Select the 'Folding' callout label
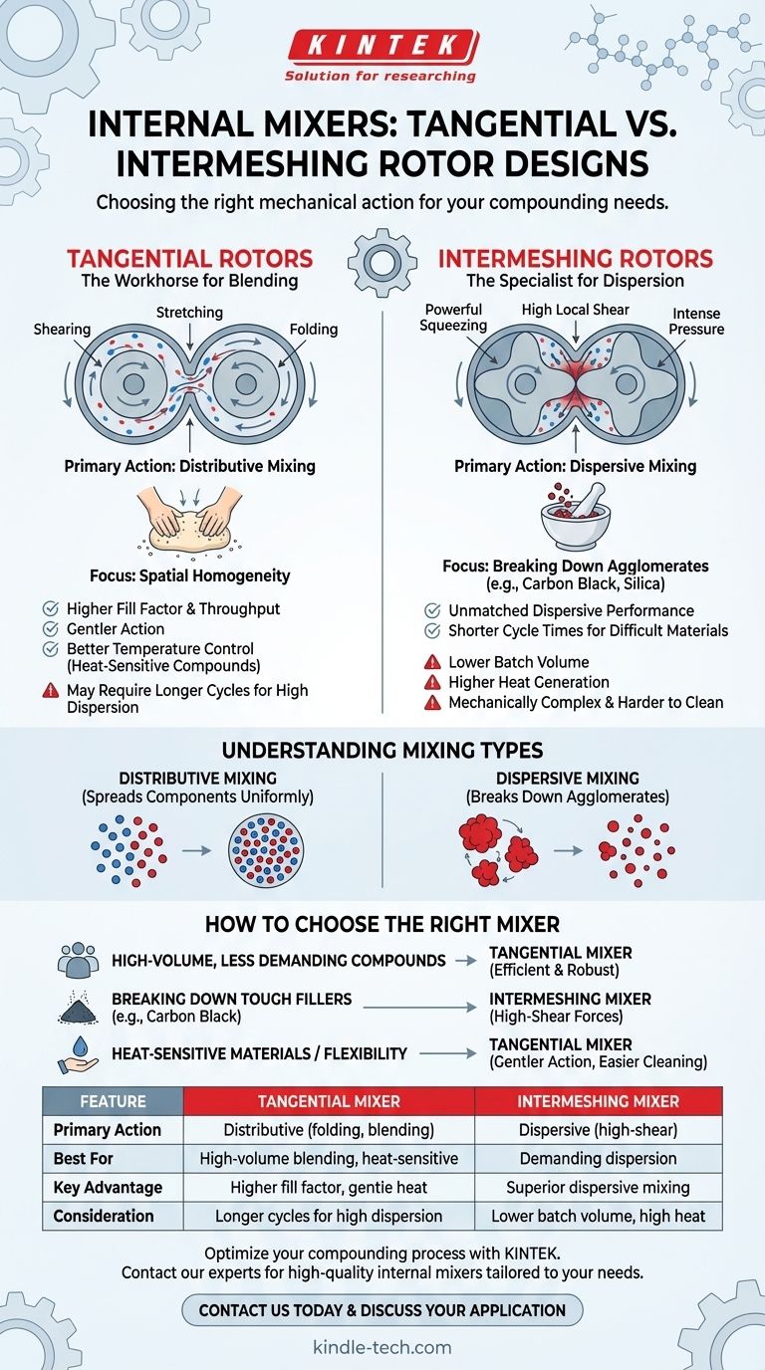pos(314,330)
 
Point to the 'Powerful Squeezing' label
pos(454,319)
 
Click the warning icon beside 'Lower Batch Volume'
pos(432,662)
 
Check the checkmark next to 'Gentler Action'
pos(51,629)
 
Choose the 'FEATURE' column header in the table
pos(113,1101)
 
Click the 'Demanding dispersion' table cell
pos(598,1159)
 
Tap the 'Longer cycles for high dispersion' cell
pos(329,1216)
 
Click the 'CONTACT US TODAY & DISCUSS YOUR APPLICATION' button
pos(382,1309)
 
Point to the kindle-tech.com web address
pos(382,1348)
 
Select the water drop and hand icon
pos(78,1054)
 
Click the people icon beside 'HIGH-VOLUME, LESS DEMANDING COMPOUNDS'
pos(78,961)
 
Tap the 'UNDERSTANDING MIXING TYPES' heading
pos(382,751)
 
